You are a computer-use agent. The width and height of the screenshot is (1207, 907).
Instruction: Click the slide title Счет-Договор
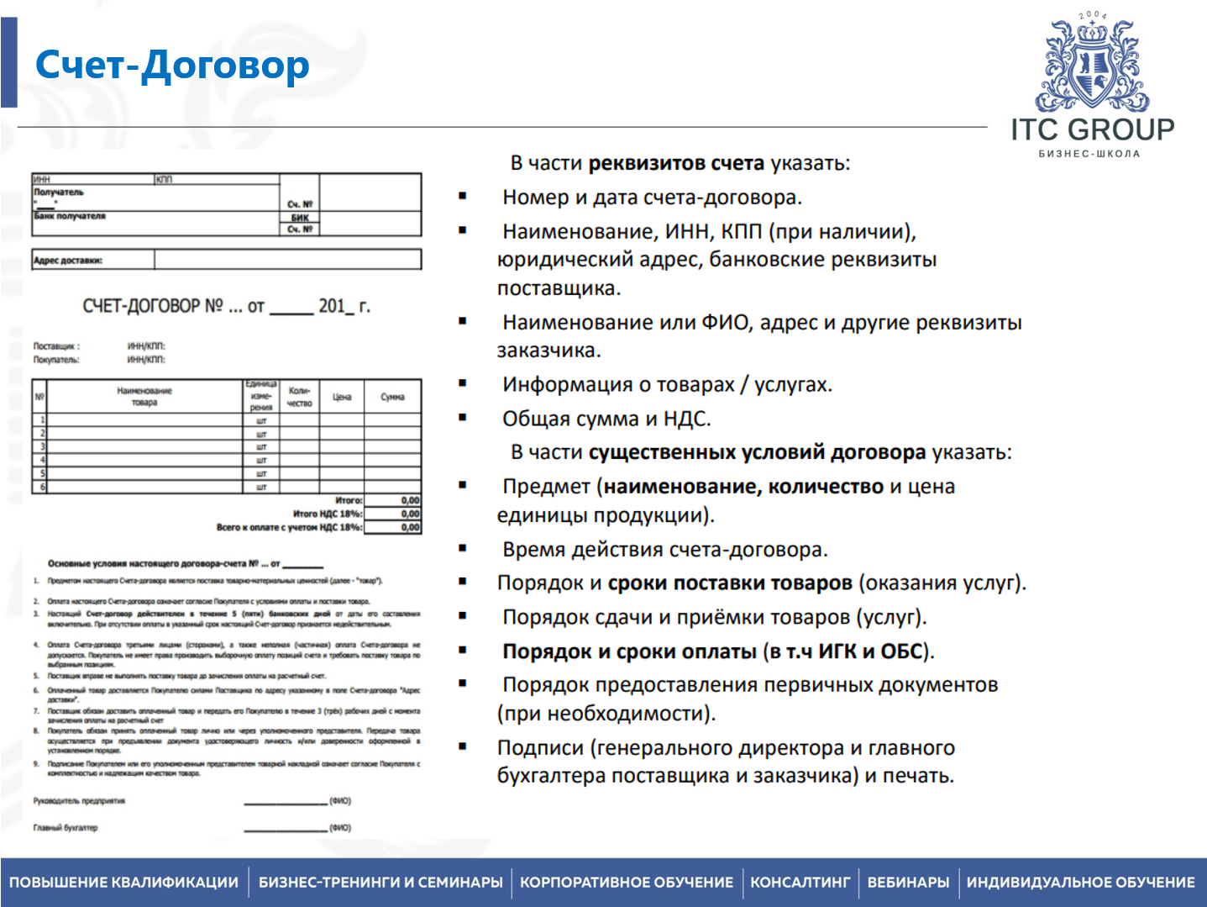(x=172, y=66)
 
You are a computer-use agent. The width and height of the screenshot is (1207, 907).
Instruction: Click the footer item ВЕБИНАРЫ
(x=908, y=883)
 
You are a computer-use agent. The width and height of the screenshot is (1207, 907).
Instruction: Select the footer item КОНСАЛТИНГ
(x=800, y=883)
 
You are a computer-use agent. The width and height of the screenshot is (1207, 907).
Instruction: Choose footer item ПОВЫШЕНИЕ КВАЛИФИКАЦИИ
(x=124, y=883)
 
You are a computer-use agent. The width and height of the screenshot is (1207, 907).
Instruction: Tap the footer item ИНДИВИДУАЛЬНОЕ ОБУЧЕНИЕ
(x=1080, y=883)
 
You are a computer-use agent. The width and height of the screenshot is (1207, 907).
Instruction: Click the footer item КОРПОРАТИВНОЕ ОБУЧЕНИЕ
(x=626, y=883)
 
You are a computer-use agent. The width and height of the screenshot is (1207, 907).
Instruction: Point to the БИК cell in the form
(x=300, y=218)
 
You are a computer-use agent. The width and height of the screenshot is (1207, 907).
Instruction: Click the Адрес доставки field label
(x=68, y=261)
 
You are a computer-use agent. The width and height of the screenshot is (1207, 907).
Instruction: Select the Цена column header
(x=342, y=397)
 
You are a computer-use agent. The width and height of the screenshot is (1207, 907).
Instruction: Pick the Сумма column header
(x=392, y=397)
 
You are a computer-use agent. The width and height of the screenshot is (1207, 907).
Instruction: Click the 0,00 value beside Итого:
(x=410, y=500)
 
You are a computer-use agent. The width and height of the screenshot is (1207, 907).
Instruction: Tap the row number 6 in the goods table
(x=43, y=487)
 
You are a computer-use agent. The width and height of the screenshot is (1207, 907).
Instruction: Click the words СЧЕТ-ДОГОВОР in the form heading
(x=141, y=306)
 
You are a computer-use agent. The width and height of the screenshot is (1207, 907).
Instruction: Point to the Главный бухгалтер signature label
(x=66, y=828)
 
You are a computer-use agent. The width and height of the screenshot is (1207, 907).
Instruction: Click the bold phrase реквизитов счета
(x=676, y=163)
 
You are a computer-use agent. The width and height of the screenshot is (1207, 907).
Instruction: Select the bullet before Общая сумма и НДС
(x=462, y=418)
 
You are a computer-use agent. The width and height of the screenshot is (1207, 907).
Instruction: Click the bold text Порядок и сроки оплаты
(x=629, y=651)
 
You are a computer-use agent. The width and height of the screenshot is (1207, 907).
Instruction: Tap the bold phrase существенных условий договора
(x=757, y=452)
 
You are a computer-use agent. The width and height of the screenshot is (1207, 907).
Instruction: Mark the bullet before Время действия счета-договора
(x=462, y=548)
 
